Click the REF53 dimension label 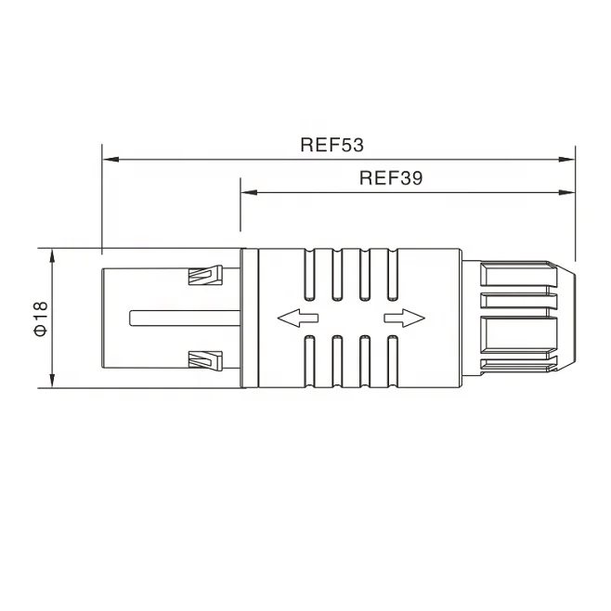coord(331,145)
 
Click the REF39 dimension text coord(391,178)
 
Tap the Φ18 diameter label coord(39,317)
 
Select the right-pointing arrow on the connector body coord(404,318)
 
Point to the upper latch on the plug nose coord(205,276)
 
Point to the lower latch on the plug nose coord(205,359)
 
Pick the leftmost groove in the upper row coord(311,275)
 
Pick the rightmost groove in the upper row coord(392,275)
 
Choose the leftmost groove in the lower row coord(311,360)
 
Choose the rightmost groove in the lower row coord(392,360)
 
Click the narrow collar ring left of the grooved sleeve coord(247,318)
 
